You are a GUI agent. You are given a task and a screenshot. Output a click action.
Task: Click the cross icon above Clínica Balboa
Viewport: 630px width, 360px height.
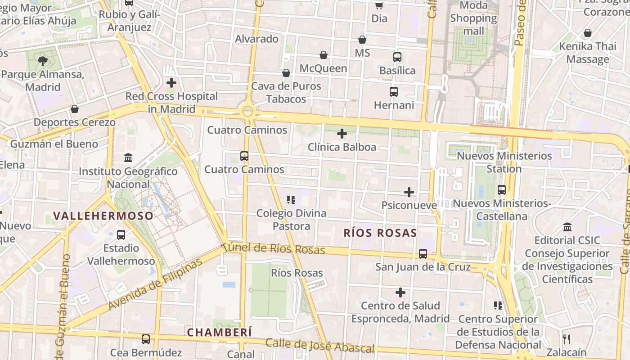coord(342,134)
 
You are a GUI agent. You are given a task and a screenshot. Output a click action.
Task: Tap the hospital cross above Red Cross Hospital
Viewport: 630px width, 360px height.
coord(171,83)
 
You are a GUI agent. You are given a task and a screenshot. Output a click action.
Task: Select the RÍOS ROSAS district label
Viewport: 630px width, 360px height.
coord(380,233)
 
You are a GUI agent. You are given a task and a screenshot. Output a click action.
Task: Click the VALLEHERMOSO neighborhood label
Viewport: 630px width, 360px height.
coord(104,216)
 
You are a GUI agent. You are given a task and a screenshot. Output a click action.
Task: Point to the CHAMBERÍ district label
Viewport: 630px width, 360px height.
coord(220,333)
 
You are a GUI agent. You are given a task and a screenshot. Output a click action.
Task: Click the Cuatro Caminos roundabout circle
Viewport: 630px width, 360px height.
coord(247,110)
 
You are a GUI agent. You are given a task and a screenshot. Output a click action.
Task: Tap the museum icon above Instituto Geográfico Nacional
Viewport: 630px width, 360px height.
coord(128,158)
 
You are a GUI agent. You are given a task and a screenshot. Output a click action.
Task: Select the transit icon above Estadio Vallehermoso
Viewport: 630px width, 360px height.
coord(121,234)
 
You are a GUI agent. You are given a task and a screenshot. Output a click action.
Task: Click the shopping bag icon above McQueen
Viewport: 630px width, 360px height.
coord(323,55)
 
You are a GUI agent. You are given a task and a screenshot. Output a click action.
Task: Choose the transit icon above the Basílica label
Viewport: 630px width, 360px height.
coord(397,57)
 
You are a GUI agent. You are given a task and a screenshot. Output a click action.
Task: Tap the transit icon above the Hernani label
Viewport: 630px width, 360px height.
coord(394,92)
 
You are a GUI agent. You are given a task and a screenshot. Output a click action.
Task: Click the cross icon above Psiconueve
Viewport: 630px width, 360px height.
coord(409,192)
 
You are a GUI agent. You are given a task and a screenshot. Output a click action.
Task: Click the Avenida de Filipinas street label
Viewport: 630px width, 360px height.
coord(155,284)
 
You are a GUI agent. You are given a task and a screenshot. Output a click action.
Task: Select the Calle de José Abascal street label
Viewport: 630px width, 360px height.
coord(319,346)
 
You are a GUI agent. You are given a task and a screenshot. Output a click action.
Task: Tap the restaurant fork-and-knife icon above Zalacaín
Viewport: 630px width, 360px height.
coord(567,339)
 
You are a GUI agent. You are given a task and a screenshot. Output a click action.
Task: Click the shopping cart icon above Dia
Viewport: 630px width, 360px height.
coord(379,5)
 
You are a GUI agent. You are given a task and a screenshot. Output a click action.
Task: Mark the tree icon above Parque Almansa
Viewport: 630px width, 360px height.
coord(43,61)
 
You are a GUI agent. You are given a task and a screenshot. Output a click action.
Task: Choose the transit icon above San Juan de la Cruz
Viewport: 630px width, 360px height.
coord(423,254)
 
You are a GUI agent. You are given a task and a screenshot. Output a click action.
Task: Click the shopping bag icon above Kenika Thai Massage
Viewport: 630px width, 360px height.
coord(588,33)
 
